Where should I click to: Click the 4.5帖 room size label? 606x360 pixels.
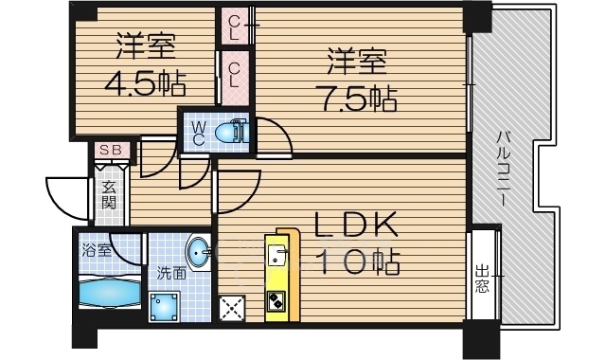(145, 83)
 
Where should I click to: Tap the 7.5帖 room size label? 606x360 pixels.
(356, 99)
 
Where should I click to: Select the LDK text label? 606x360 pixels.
(355, 225)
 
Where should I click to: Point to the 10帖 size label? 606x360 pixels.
(358, 263)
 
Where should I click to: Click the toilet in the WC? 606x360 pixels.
(231, 133)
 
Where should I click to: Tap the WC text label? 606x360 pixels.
(198, 133)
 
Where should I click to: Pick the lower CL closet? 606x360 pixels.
(235, 77)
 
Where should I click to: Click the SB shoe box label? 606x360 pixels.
(112, 150)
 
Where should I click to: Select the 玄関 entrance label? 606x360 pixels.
(109, 195)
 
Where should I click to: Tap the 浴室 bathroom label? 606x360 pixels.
(97, 250)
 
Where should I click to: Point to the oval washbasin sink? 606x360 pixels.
(199, 254)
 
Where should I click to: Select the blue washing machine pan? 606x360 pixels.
(164, 307)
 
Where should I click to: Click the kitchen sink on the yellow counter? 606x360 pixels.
(276, 255)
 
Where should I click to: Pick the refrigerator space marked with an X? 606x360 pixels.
(232, 308)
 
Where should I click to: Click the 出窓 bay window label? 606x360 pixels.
(482, 278)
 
